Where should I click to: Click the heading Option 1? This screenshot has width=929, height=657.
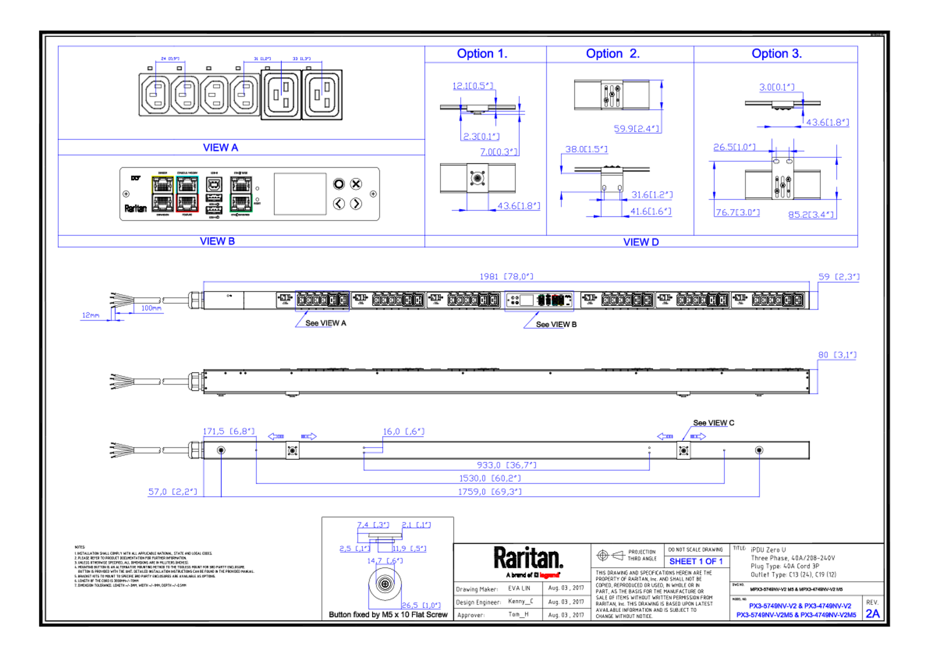click(x=481, y=53)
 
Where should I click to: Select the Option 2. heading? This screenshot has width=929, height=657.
click(x=613, y=53)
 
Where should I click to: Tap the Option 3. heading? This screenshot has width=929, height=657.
click(x=776, y=53)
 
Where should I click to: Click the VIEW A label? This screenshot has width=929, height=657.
click(x=221, y=148)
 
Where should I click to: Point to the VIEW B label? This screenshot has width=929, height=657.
click(x=217, y=241)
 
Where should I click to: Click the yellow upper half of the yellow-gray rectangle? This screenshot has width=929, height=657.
click(x=162, y=185)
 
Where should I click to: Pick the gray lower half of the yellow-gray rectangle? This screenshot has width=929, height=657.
click(x=162, y=203)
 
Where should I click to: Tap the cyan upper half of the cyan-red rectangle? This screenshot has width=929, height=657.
click(x=187, y=185)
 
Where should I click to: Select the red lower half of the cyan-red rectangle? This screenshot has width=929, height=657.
click(x=187, y=203)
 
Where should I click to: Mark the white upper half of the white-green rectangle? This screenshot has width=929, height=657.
click(x=241, y=185)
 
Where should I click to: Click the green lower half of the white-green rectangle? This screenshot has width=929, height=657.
click(x=241, y=203)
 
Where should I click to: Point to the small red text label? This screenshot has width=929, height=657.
click(x=549, y=575)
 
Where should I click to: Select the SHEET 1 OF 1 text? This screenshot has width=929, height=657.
click(x=696, y=561)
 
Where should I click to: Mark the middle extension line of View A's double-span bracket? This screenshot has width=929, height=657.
click(x=281, y=79)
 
